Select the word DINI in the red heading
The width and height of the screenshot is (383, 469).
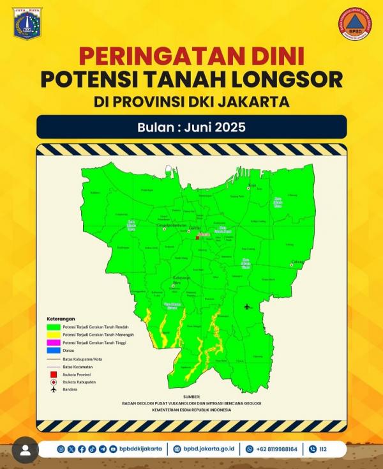pos(274,58)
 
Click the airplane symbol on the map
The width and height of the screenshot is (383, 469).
pos(248,307)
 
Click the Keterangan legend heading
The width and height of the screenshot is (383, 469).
pos(61,318)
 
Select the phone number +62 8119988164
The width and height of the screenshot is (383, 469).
pos(276,449)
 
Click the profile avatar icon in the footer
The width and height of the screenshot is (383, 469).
pos(26,450)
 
